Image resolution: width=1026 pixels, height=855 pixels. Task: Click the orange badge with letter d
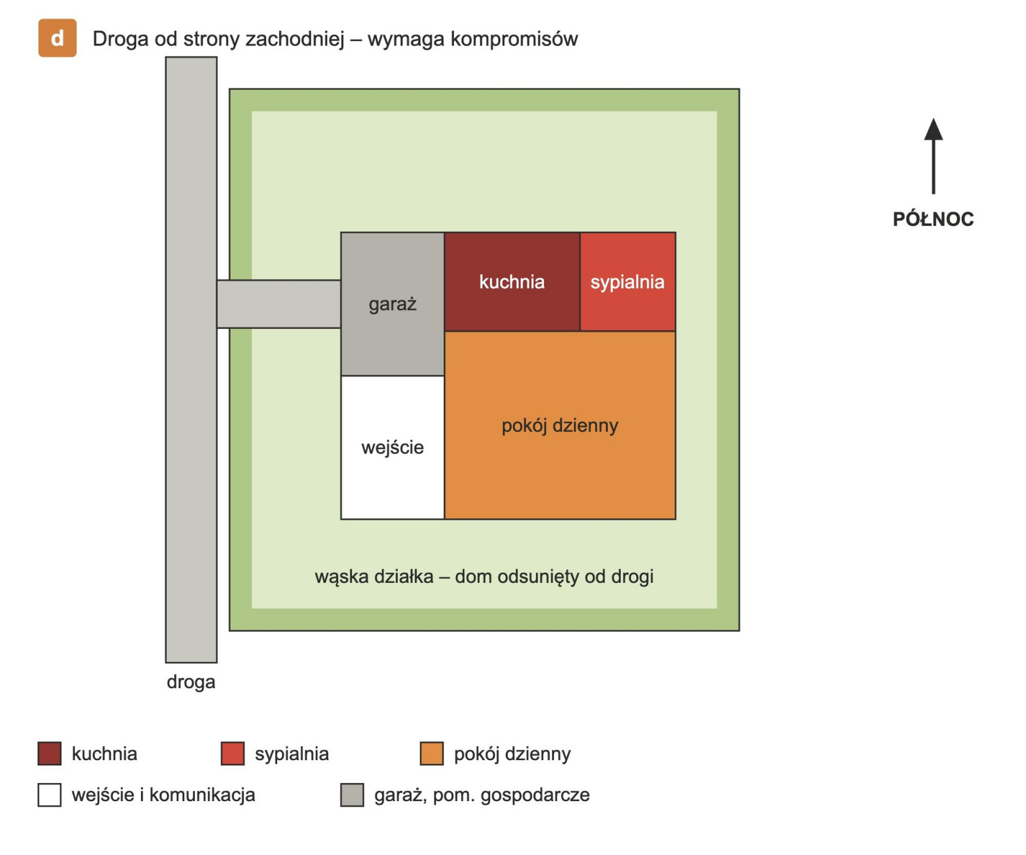tap(57, 38)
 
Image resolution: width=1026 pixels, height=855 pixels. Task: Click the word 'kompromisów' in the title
tap(514, 39)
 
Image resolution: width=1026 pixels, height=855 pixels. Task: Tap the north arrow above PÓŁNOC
tap(933, 156)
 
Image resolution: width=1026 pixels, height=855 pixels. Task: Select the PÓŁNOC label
tap(933, 219)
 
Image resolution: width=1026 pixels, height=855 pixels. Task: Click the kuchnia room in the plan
tap(512, 282)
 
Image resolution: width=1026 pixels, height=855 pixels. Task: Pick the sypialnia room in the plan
tap(628, 282)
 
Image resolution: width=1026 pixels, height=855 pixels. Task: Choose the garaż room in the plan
tap(392, 304)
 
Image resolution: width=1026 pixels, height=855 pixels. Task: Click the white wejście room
tap(392, 447)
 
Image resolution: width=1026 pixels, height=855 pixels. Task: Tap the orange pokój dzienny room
tap(560, 425)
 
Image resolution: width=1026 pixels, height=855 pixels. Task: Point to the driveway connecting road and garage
tap(278, 304)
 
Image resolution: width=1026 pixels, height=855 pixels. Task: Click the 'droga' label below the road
tap(191, 682)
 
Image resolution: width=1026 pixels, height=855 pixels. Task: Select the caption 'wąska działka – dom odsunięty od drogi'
tap(484, 577)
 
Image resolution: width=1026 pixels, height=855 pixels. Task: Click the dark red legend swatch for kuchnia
tap(49, 754)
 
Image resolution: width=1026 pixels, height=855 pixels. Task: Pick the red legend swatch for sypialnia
tap(233, 754)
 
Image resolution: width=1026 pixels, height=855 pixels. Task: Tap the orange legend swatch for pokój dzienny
tap(432, 754)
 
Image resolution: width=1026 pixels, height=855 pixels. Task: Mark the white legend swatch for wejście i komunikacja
tap(49, 795)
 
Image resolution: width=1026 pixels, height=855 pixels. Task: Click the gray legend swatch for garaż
tap(352, 795)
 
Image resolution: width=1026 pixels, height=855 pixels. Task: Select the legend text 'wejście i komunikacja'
tap(164, 795)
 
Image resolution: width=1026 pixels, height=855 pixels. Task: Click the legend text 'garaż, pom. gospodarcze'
tap(482, 795)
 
